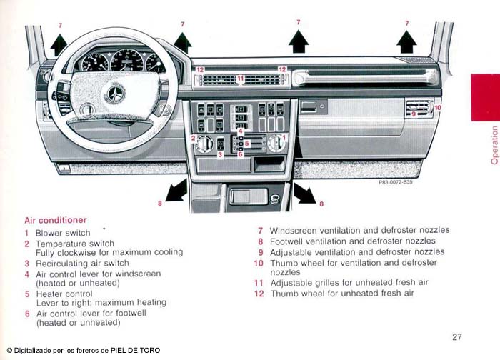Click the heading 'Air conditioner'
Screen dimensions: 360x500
56,220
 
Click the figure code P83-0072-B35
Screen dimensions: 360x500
396,181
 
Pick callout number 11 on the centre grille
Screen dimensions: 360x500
241,78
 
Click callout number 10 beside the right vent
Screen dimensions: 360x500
438,108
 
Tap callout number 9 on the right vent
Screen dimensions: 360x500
413,113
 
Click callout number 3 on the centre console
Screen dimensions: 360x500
220,154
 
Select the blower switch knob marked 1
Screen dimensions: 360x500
275,143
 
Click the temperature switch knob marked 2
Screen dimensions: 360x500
204,144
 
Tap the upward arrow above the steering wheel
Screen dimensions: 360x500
59,44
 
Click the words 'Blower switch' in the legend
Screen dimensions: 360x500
63,233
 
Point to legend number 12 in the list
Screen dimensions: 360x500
259,293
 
